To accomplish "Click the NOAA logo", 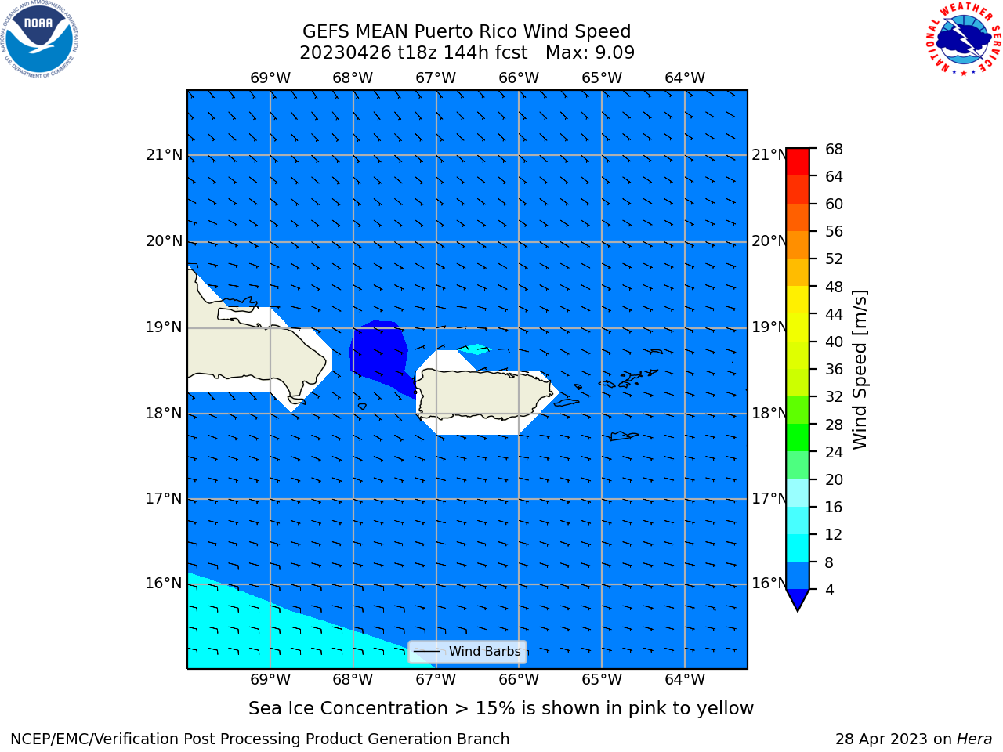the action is (x=39, y=39).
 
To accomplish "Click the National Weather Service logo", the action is (x=963, y=39).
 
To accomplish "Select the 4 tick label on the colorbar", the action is (x=829, y=590).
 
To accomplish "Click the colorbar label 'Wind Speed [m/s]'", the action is (x=860, y=370).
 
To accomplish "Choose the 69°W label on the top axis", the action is (x=270, y=78).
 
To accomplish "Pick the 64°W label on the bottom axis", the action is (x=685, y=680).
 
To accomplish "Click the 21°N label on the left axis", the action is (x=164, y=155).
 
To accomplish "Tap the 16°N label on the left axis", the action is (x=164, y=584).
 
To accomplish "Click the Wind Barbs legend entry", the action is (x=468, y=652).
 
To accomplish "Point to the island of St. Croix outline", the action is (x=624, y=436).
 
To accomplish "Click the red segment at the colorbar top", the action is (x=798, y=162).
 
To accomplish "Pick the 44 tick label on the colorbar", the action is (x=834, y=314).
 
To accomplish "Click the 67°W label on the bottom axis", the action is (x=436, y=680).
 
